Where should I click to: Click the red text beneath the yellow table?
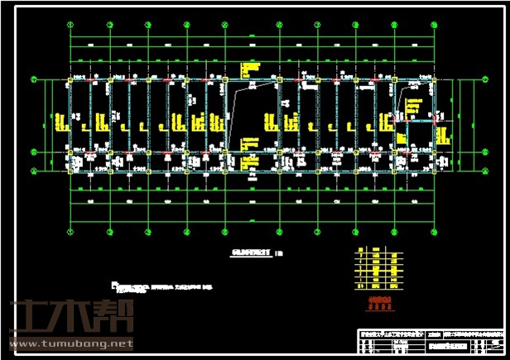pyautogui.click(x=378, y=302)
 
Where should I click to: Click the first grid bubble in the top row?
pyautogui.click(x=71, y=24)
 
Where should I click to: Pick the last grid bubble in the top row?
pyautogui.click(x=435, y=24)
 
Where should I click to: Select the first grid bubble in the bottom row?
pyautogui.click(x=71, y=233)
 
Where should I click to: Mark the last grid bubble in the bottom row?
pyautogui.click(x=435, y=233)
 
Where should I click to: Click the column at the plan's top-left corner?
pyautogui.click(x=71, y=80)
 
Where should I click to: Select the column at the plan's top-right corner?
pyautogui.click(x=435, y=80)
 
